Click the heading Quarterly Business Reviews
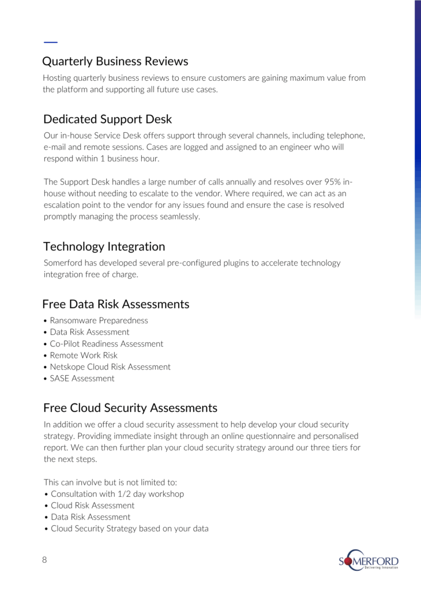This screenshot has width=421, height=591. [115, 61]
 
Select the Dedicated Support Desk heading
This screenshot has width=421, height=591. [107, 119]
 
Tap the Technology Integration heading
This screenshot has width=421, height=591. [104, 246]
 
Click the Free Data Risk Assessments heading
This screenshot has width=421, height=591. [115, 304]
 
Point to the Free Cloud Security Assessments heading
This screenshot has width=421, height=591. [130, 408]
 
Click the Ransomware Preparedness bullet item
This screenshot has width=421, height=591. [99, 320]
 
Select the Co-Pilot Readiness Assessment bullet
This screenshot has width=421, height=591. [106, 343]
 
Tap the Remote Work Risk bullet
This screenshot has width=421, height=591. [84, 355]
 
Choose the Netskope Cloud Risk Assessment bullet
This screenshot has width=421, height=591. [110, 366]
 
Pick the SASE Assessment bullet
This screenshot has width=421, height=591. [82, 379]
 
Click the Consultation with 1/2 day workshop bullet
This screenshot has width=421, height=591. [117, 494]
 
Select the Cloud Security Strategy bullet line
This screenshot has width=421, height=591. [129, 529]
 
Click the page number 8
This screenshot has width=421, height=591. [44, 560]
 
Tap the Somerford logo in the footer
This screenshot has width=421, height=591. [369, 560]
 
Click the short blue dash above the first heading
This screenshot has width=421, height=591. [51, 42]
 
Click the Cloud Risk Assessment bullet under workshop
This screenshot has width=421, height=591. [92, 506]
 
